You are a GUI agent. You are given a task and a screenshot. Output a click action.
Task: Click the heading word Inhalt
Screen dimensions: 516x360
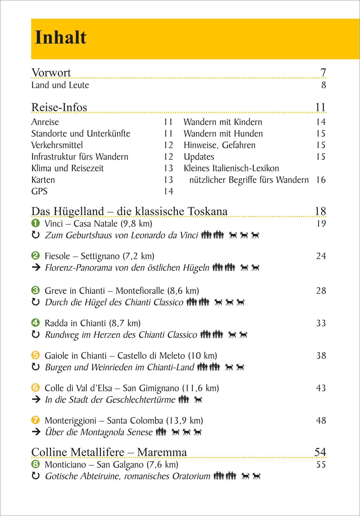[x=61, y=37]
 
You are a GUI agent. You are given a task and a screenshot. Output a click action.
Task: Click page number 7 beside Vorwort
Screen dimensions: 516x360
[x=323, y=72]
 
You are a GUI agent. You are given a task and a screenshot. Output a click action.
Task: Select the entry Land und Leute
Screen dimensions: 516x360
[x=60, y=85]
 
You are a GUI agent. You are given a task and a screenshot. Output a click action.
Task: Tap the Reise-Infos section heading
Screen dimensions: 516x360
[x=59, y=107]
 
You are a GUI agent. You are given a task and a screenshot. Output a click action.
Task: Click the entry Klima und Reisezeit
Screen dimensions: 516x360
[x=67, y=168]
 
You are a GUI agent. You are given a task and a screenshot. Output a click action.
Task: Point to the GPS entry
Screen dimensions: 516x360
[x=39, y=191]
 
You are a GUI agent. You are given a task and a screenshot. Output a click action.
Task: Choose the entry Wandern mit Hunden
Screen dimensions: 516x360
[x=223, y=134]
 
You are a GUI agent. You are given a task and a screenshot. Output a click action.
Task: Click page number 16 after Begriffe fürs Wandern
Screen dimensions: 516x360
[x=321, y=180]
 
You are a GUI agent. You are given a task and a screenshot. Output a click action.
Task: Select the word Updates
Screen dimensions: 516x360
[x=199, y=157]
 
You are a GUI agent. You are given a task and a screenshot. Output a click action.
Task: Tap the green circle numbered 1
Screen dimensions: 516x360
[x=35, y=223]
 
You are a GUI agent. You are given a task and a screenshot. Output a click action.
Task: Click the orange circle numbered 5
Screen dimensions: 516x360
[x=35, y=355]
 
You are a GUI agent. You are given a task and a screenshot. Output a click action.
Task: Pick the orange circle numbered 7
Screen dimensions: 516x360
[x=35, y=420]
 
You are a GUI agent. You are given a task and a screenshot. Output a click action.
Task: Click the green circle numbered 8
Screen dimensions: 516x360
[x=35, y=464]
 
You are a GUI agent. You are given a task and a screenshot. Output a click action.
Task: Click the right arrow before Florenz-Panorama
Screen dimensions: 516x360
[x=36, y=268]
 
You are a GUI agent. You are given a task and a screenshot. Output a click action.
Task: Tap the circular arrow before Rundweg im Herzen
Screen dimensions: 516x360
[x=36, y=335]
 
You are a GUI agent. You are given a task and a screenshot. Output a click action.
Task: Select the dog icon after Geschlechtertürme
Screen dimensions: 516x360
[x=198, y=399]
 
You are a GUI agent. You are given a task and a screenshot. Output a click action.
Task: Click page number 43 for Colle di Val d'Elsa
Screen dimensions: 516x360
[x=321, y=388]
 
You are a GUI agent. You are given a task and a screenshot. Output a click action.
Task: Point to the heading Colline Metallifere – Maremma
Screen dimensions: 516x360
[x=109, y=452]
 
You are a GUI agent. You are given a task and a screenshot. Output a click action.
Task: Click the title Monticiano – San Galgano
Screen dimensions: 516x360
[x=111, y=464]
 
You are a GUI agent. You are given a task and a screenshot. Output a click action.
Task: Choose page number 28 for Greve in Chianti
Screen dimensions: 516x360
[x=321, y=291]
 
